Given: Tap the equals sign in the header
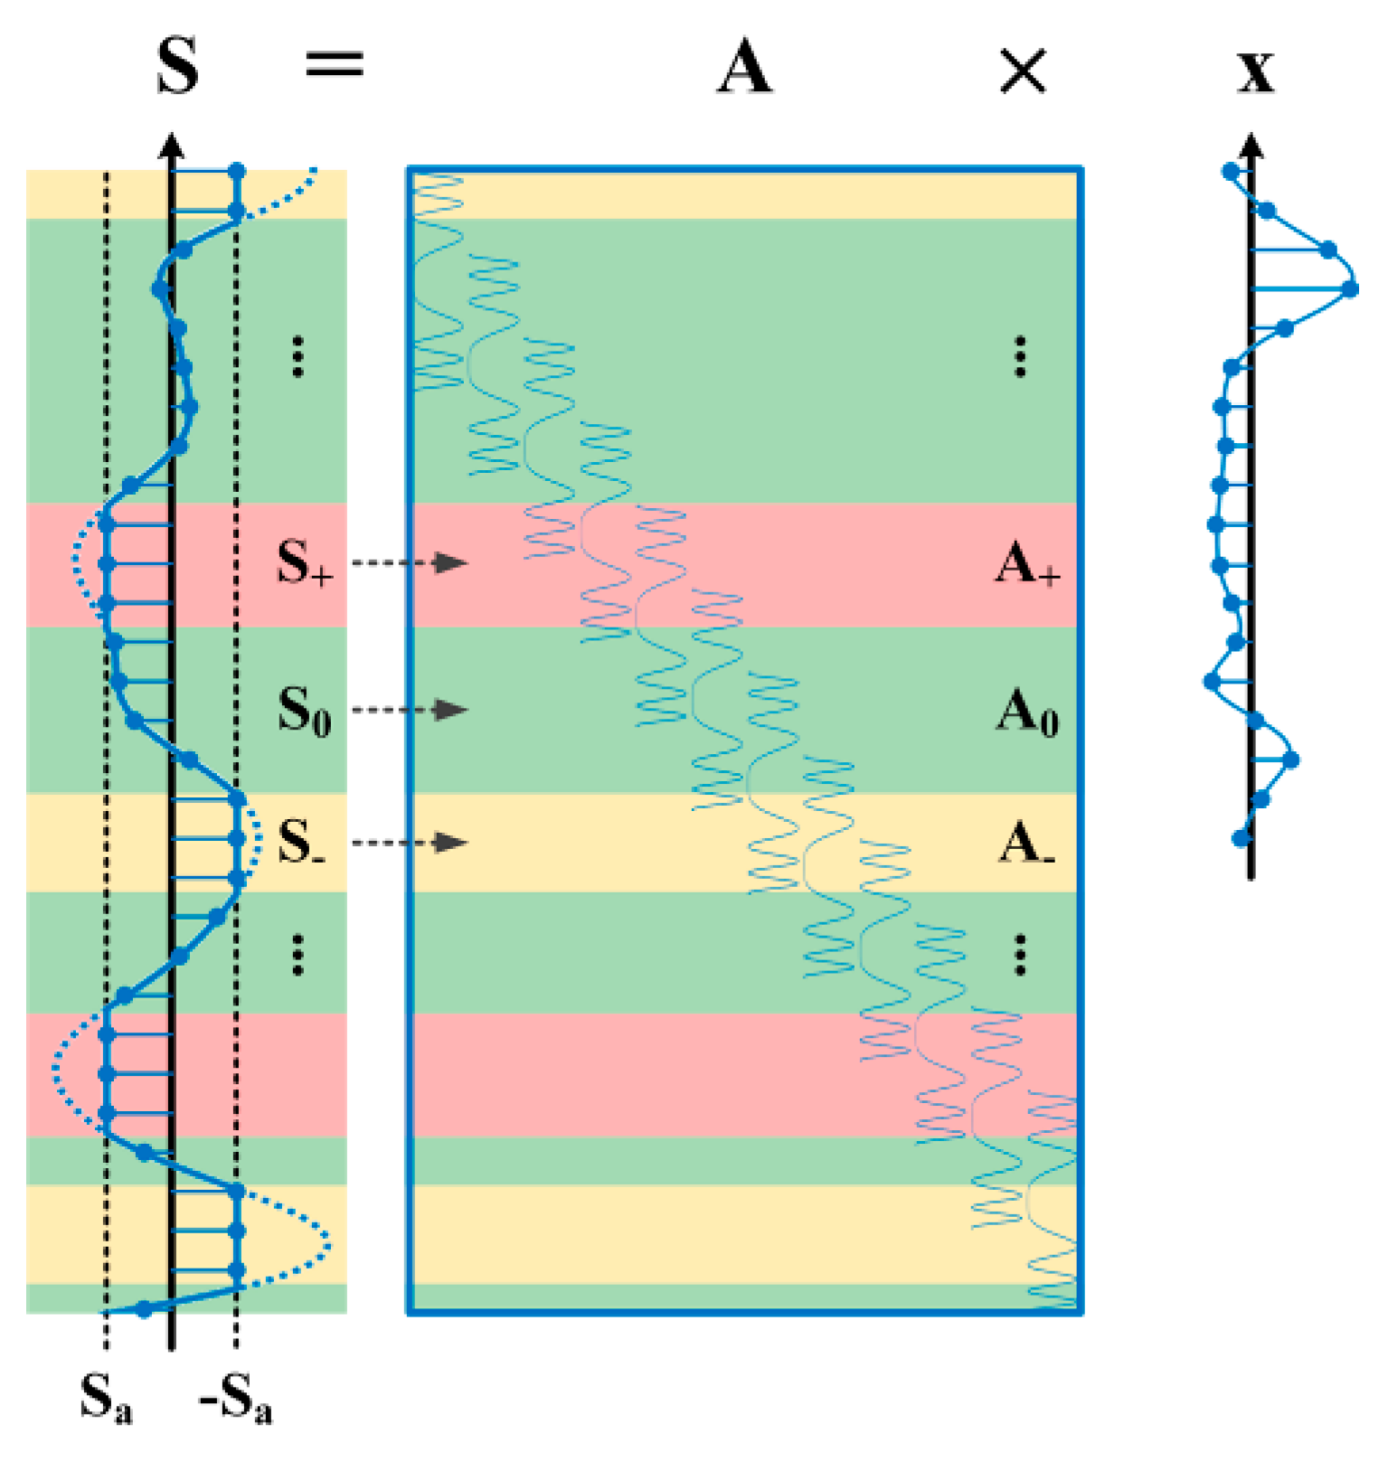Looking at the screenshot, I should [335, 64].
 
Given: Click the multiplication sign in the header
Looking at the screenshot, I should [1023, 71].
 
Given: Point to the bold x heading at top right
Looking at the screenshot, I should [1256, 71].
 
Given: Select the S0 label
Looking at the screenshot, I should [304, 710].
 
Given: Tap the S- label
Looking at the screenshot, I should [301, 843].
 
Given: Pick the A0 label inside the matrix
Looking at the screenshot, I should [1027, 712].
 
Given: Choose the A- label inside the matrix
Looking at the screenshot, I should [1027, 844].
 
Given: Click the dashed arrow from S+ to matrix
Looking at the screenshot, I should [410, 562].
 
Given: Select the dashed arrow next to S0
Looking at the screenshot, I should [410, 710].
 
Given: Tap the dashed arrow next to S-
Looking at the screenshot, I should [410, 843].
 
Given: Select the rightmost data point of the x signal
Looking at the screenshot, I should [1350, 289].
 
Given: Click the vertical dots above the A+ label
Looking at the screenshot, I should [1020, 356].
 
